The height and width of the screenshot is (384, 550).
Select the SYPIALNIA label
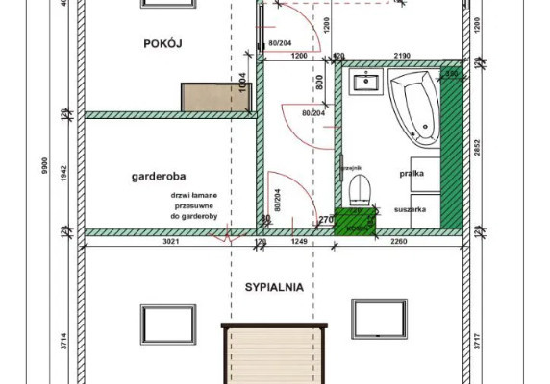coord(274,286)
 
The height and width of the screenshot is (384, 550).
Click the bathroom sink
coord(366,84)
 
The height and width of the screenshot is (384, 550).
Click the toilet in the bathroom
coord(358,186)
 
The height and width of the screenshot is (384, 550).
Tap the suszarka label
coord(422,206)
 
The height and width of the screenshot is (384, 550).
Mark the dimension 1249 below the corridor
coord(298,243)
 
